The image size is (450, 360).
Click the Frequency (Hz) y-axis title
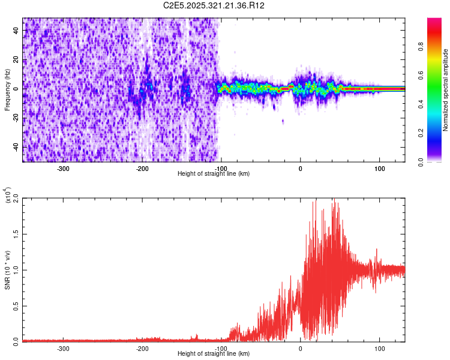[7, 90]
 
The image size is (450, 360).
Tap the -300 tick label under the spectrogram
[64, 168]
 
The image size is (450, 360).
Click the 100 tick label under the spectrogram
[379, 168]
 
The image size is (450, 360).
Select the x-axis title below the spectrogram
[214, 174]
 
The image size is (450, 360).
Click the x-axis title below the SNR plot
[214, 354]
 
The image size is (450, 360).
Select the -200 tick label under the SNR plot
[142, 348]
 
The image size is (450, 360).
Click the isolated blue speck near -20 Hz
[283, 121]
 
